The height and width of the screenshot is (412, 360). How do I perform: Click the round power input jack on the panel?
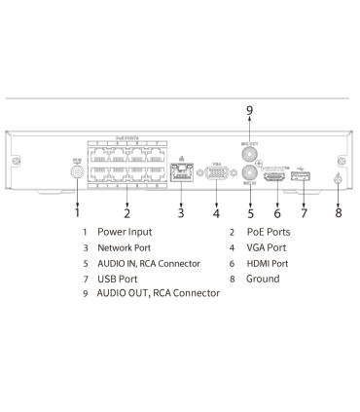coord(75,169)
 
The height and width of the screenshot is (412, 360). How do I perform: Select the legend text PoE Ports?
coord(269,232)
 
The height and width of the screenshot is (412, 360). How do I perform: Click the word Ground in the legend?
coord(263,279)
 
